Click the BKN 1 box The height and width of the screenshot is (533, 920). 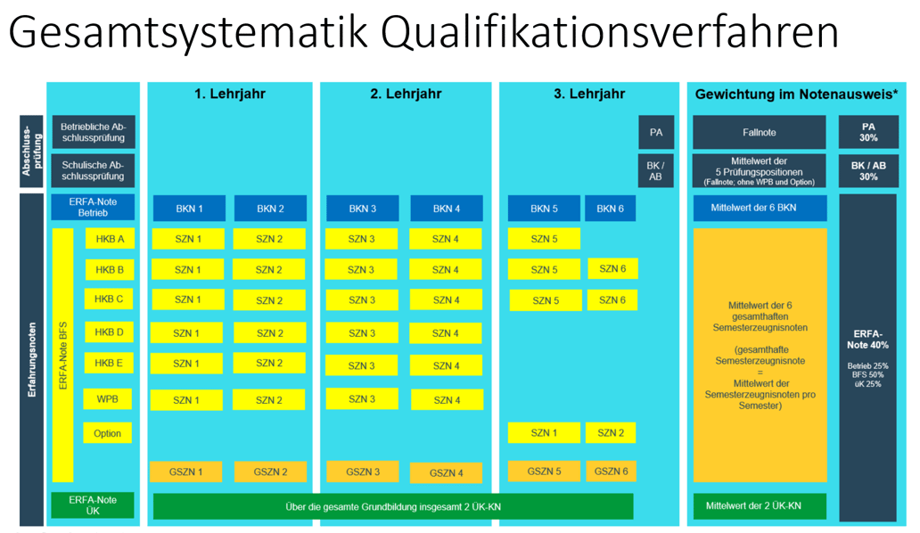(x=188, y=209)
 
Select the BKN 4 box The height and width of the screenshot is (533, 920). (x=446, y=209)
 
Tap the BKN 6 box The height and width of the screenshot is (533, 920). (x=611, y=209)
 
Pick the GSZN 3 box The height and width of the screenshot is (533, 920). (x=362, y=472)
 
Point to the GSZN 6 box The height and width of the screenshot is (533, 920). (x=611, y=471)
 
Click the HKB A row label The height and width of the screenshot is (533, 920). (x=109, y=239)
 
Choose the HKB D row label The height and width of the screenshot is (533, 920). (x=109, y=332)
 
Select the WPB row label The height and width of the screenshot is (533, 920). (x=108, y=398)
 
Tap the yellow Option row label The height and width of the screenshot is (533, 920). (x=108, y=433)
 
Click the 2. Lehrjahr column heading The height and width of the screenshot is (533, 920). (x=406, y=94)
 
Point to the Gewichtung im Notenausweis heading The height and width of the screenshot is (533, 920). (x=796, y=94)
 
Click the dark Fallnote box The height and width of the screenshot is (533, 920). (x=760, y=132)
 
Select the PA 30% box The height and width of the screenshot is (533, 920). (x=868, y=132)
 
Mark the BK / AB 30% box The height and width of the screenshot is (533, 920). (x=868, y=170)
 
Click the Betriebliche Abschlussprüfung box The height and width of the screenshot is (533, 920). (x=93, y=132)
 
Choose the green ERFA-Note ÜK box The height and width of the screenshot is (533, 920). (x=93, y=505)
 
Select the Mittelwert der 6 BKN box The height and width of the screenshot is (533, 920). (x=760, y=209)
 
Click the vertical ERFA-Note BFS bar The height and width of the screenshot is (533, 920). (x=62, y=355)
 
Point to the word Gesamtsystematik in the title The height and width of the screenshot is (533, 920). (x=188, y=34)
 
